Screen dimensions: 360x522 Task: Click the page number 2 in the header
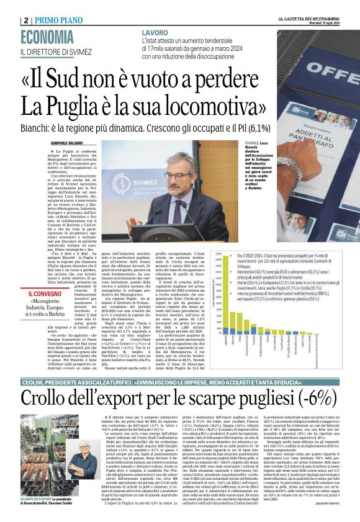coord(26,20)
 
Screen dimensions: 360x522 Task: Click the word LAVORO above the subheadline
coord(155,32)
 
